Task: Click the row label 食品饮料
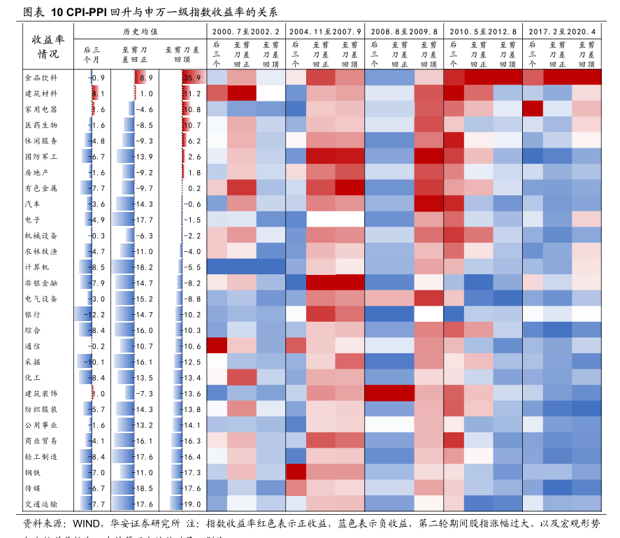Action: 41,78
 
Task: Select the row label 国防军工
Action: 41,157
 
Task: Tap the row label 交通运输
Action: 41,504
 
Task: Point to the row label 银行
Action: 32,314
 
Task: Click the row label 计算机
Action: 36,267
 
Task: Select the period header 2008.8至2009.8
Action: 403,32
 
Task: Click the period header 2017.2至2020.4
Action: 562,32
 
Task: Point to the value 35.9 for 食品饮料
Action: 193,78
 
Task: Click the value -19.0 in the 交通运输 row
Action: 191,504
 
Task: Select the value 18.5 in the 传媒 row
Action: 143,488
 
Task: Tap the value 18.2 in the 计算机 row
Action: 143,267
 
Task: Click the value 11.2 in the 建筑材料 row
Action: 192,94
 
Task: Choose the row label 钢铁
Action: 32,472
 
